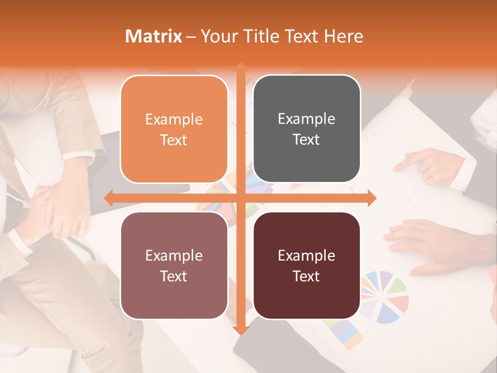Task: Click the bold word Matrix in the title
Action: [154, 36]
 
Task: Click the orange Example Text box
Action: [174, 129]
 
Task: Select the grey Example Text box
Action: [306, 129]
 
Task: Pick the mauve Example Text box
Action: [174, 265]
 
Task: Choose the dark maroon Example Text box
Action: [306, 265]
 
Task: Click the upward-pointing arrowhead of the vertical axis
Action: [240, 67]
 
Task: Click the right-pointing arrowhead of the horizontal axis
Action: [371, 198]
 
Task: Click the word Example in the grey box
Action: [306, 119]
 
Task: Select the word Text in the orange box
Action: [174, 140]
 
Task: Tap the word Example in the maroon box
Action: [306, 255]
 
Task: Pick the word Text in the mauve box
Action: [174, 276]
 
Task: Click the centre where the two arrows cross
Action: [240, 198]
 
